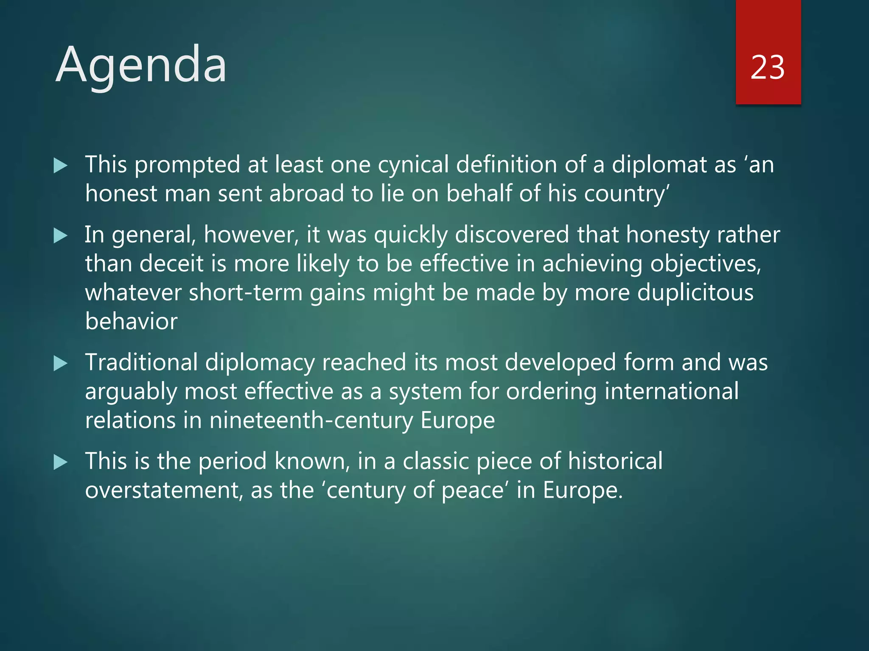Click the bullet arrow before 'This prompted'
(61, 166)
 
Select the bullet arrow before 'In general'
(61, 236)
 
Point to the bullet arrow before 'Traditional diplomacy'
(61, 364)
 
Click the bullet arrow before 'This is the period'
(61, 462)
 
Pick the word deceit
(171, 264)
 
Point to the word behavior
(131, 321)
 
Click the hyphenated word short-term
(245, 293)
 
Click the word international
(671, 391)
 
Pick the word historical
(615, 461)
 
